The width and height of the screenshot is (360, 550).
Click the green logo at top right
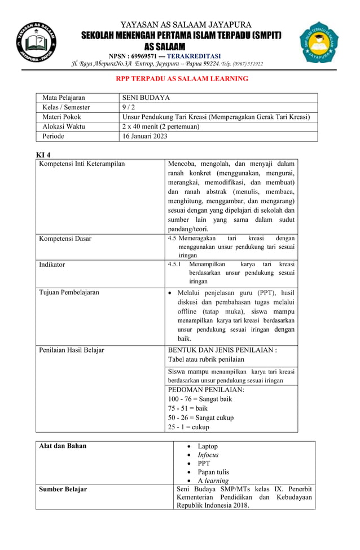[x=319, y=43]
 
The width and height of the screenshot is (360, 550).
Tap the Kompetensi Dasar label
[x=65, y=239]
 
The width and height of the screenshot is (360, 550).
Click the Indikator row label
[x=52, y=264]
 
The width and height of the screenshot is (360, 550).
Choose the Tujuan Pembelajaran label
[x=69, y=292]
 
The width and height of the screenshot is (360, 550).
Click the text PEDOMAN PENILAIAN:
[x=206, y=389]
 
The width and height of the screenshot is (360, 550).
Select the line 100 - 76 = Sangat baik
[x=200, y=399]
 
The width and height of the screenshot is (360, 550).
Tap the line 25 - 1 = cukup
[x=188, y=427]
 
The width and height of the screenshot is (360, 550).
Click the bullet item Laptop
[x=208, y=446]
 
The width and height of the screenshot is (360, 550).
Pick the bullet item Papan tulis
[x=213, y=472]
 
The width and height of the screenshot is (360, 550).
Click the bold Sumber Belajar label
[x=63, y=489]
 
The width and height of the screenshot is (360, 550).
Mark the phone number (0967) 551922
[x=245, y=64]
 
